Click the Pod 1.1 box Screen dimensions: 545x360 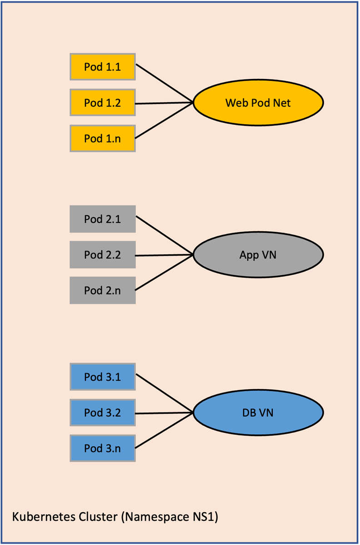[102, 67]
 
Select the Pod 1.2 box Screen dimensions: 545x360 [102, 103]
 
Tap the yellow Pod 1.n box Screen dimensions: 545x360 [102, 139]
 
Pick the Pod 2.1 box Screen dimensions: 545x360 [102, 219]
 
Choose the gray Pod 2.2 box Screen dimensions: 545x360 [102, 255]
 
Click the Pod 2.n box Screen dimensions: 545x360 [102, 290]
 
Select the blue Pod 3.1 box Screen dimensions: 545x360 [102, 377]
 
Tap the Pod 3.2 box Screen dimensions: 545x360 [102, 413]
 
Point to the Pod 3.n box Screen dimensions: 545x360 [102, 448]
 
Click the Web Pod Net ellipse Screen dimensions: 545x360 [258, 103]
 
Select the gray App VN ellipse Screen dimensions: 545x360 [258, 255]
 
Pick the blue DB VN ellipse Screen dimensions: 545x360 [258, 413]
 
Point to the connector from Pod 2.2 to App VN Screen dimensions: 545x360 [165, 255]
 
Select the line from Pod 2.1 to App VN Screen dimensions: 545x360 [165, 236]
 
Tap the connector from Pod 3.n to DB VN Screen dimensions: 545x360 [165, 431]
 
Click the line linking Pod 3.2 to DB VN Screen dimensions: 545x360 [165, 413]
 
